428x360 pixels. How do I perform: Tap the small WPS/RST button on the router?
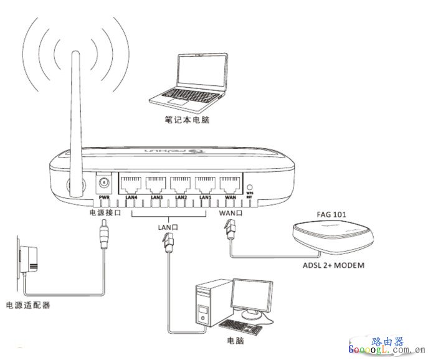tap(250, 187)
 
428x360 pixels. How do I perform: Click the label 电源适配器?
tap(27, 306)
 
